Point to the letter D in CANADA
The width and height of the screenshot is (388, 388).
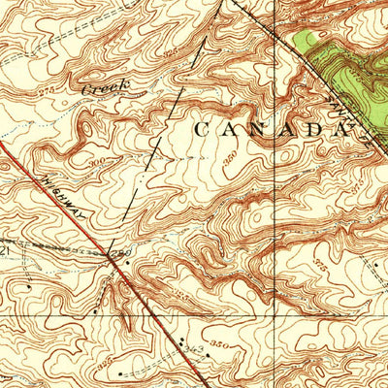pyautogui.click(x=313, y=128)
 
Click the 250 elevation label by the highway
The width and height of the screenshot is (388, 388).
pyautogui.click(x=120, y=253)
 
